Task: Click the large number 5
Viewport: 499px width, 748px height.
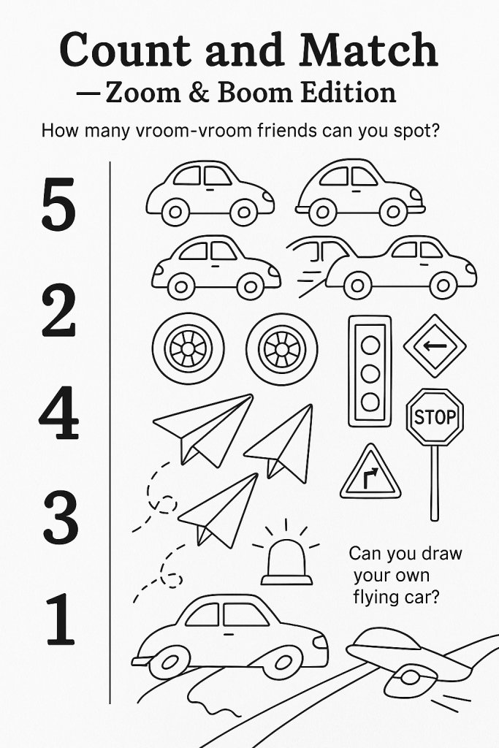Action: click(x=58, y=204)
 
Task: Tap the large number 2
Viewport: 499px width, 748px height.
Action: click(x=58, y=310)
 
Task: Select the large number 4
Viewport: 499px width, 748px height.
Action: click(x=58, y=413)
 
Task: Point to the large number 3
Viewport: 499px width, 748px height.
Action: click(x=61, y=518)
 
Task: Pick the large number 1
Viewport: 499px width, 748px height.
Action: click(x=60, y=619)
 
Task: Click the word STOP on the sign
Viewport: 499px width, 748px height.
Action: click(x=435, y=417)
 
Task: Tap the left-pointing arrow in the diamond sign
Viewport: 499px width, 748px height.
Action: click(x=435, y=346)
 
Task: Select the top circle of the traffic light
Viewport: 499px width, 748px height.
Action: click(x=370, y=345)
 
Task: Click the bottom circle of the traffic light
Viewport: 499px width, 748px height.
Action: click(x=370, y=402)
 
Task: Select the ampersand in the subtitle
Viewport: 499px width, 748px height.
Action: click(x=199, y=93)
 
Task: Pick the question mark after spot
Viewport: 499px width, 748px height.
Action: click(x=433, y=130)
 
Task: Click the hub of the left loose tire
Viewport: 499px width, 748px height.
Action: click(x=188, y=348)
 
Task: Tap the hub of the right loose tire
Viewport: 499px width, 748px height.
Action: click(x=282, y=348)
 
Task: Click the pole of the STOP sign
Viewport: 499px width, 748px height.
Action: click(x=434, y=483)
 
